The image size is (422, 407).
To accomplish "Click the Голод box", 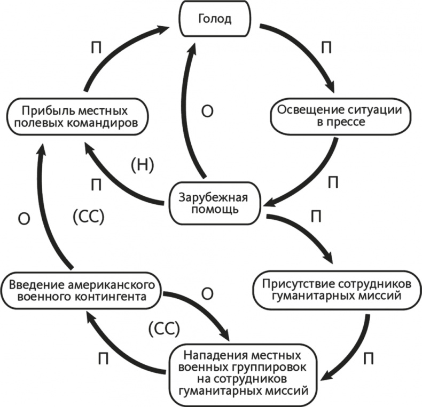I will (215, 20).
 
